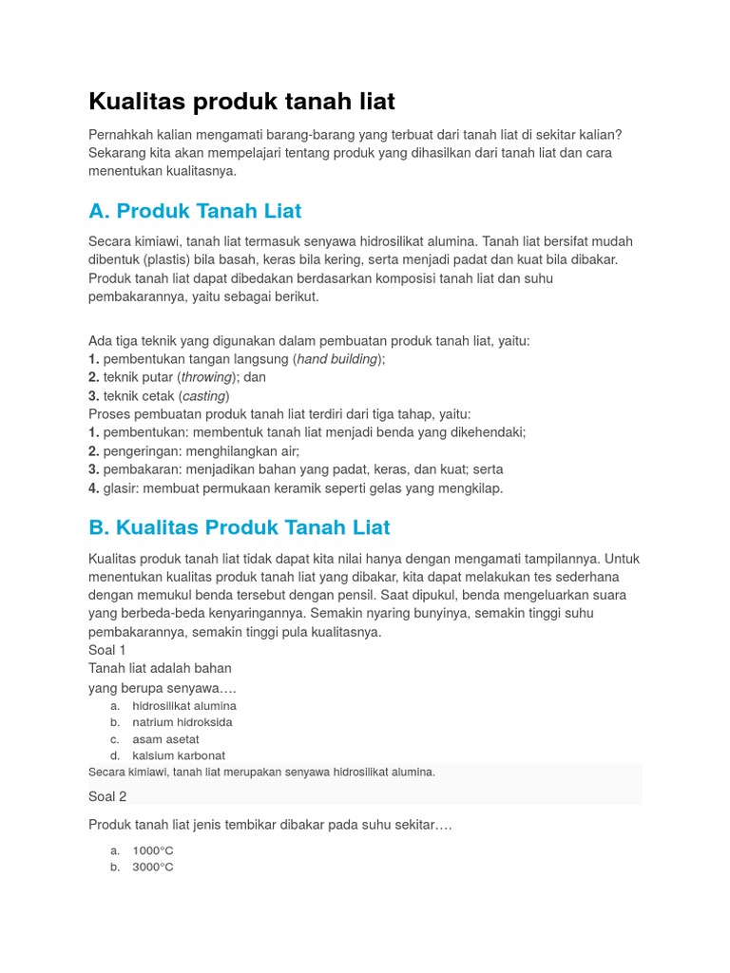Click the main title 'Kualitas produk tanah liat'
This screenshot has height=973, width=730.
pyautogui.click(x=241, y=101)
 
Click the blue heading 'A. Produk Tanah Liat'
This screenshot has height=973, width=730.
pyautogui.click(x=195, y=210)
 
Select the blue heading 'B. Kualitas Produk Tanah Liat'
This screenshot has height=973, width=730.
pyautogui.click(x=239, y=527)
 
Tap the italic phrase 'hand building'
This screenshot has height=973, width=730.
pyautogui.click(x=336, y=359)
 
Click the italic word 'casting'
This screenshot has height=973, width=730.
pyautogui.click(x=203, y=396)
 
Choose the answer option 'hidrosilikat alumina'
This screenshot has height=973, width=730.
pyautogui.click(x=184, y=706)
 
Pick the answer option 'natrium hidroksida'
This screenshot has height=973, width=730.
pyautogui.click(x=182, y=722)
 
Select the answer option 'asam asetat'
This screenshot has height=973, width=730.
pyautogui.click(x=165, y=739)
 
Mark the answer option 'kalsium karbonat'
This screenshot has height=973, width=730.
pyautogui.click(x=179, y=755)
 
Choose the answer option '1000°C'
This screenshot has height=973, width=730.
pyautogui.click(x=153, y=850)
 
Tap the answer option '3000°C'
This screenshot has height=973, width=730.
pyautogui.click(x=153, y=868)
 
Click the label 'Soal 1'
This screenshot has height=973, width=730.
pyautogui.click(x=107, y=650)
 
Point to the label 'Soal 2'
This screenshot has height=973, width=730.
pyautogui.click(x=107, y=796)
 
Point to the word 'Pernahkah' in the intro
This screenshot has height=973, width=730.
pyautogui.click(x=122, y=135)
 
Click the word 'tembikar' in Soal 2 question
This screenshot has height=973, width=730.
pyautogui.click(x=240, y=826)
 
